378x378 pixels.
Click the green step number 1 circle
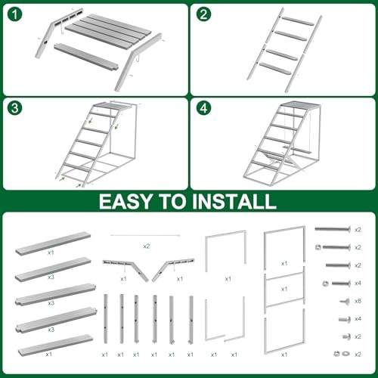(x=14, y=14)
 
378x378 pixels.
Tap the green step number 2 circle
(x=203, y=14)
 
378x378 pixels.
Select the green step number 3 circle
(x=14, y=108)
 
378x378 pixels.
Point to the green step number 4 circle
(x=203, y=108)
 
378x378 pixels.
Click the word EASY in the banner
(x=125, y=202)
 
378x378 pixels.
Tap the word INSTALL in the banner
(x=234, y=202)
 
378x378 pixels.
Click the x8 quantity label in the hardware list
(x=358, y=301)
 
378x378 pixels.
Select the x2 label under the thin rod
(x=147, y=246)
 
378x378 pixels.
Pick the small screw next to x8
(x=345, y=301)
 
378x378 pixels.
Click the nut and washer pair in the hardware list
(x=342, y=354)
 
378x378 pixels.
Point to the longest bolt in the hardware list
(x=333, y=229)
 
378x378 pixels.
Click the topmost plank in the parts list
(x=53, y=243)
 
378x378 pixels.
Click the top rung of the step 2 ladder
(x=298, y=21)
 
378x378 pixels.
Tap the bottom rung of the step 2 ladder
(x=275, y=69)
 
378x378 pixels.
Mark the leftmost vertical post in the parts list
(x=106, y=318)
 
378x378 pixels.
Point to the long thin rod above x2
(x=145, y=235)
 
